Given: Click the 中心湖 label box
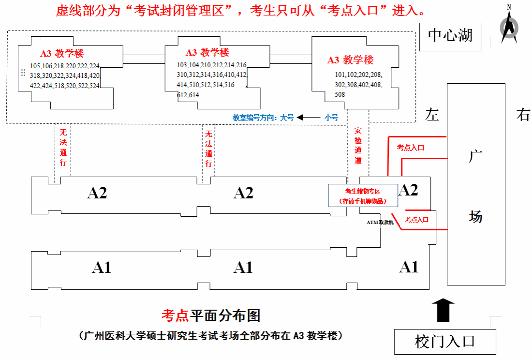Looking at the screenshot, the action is [450, 37].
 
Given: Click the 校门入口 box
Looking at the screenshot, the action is [445, 342].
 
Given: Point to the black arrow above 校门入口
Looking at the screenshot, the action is [443, 310].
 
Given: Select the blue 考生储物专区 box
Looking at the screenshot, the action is [363, 195].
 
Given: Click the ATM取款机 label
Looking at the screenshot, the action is [380, 222].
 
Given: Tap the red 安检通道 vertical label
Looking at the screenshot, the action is [358, 145].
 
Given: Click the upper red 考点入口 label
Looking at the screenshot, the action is [411, 148].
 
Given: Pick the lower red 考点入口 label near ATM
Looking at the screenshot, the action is [416, 220].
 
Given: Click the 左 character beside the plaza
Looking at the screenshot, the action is [432, 115].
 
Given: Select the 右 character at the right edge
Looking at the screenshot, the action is [523, 115].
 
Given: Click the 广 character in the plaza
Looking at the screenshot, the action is [476, 156].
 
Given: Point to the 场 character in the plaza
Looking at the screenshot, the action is [476, 216].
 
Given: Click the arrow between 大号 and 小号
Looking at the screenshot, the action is [309, 118].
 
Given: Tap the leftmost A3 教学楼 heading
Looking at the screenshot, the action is [62, 53].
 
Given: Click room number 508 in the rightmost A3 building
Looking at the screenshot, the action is [340, 94].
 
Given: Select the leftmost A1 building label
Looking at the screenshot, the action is [102, 268].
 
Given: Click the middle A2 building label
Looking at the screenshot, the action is [243, 193].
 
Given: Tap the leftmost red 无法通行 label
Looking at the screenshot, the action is [63, 147].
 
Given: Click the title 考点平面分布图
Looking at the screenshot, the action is [211, 315].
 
